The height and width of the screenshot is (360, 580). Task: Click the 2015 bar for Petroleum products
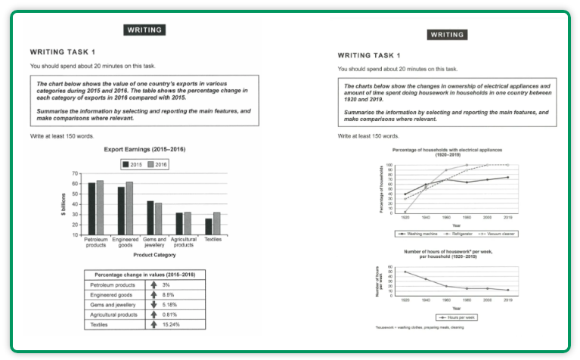coord(91,209)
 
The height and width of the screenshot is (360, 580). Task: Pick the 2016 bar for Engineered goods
coord(129,208)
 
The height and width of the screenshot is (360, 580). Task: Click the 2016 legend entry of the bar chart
coord(158,164)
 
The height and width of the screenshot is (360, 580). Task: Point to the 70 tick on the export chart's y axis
coord(75,174)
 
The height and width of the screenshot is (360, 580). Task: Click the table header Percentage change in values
coord(143,275)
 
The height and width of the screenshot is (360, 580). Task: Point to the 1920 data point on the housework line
coord(405,272)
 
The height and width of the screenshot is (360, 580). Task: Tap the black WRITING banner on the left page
coord(144,30)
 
